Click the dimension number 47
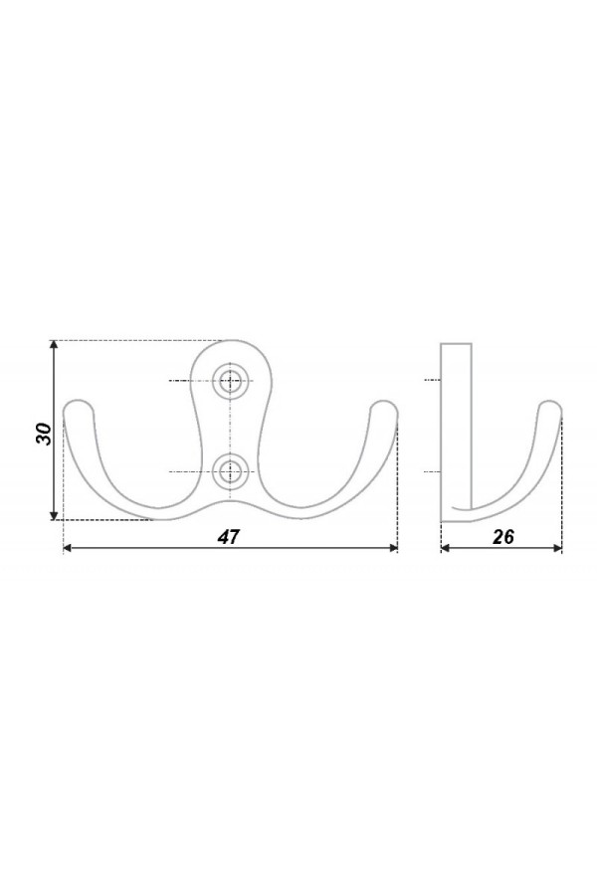coord(229,537)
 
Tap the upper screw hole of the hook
coord(232,380)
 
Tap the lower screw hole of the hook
coord(232,471)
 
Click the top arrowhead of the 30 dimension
coord(53,345)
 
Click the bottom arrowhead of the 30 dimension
coord(53,515)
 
